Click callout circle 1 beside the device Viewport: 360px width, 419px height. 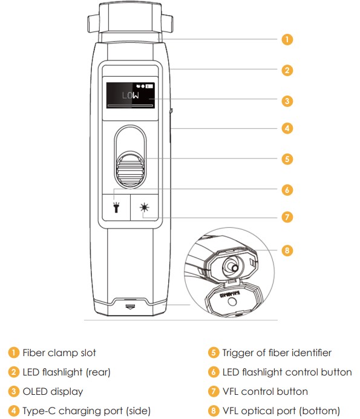point(287,39)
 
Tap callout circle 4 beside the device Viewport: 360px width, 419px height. point(287,128)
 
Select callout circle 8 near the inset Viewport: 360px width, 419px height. point(287,250)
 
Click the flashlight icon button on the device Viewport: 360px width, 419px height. point(116,207)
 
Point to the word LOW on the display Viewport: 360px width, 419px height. point(131,96)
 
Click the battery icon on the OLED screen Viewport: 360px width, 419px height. point(149,86)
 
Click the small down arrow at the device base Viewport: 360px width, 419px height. point(130,306)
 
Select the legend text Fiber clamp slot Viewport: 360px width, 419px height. point(59,352)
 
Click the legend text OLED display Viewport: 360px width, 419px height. point(53,391)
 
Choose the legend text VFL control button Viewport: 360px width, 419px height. point(265,391)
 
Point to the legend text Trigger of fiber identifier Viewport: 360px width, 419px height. point(277,352)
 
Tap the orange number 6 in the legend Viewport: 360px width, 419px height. point(214,372)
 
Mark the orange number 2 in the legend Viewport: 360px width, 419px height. point(14,372)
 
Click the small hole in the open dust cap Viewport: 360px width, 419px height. point(232,302)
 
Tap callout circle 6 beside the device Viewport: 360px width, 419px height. point(287,190)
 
